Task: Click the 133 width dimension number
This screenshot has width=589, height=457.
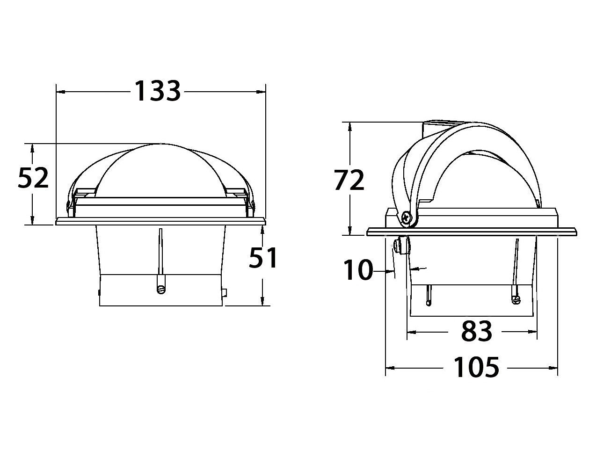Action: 158,91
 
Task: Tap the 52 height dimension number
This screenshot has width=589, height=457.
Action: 33,177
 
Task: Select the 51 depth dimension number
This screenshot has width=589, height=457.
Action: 262,257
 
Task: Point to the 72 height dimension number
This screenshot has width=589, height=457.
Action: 349,180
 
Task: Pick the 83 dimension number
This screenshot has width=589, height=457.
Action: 477,331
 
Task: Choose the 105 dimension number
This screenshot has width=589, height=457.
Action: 476,367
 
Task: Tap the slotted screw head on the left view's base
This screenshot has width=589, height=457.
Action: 161,290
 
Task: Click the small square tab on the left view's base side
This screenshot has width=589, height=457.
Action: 224,293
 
